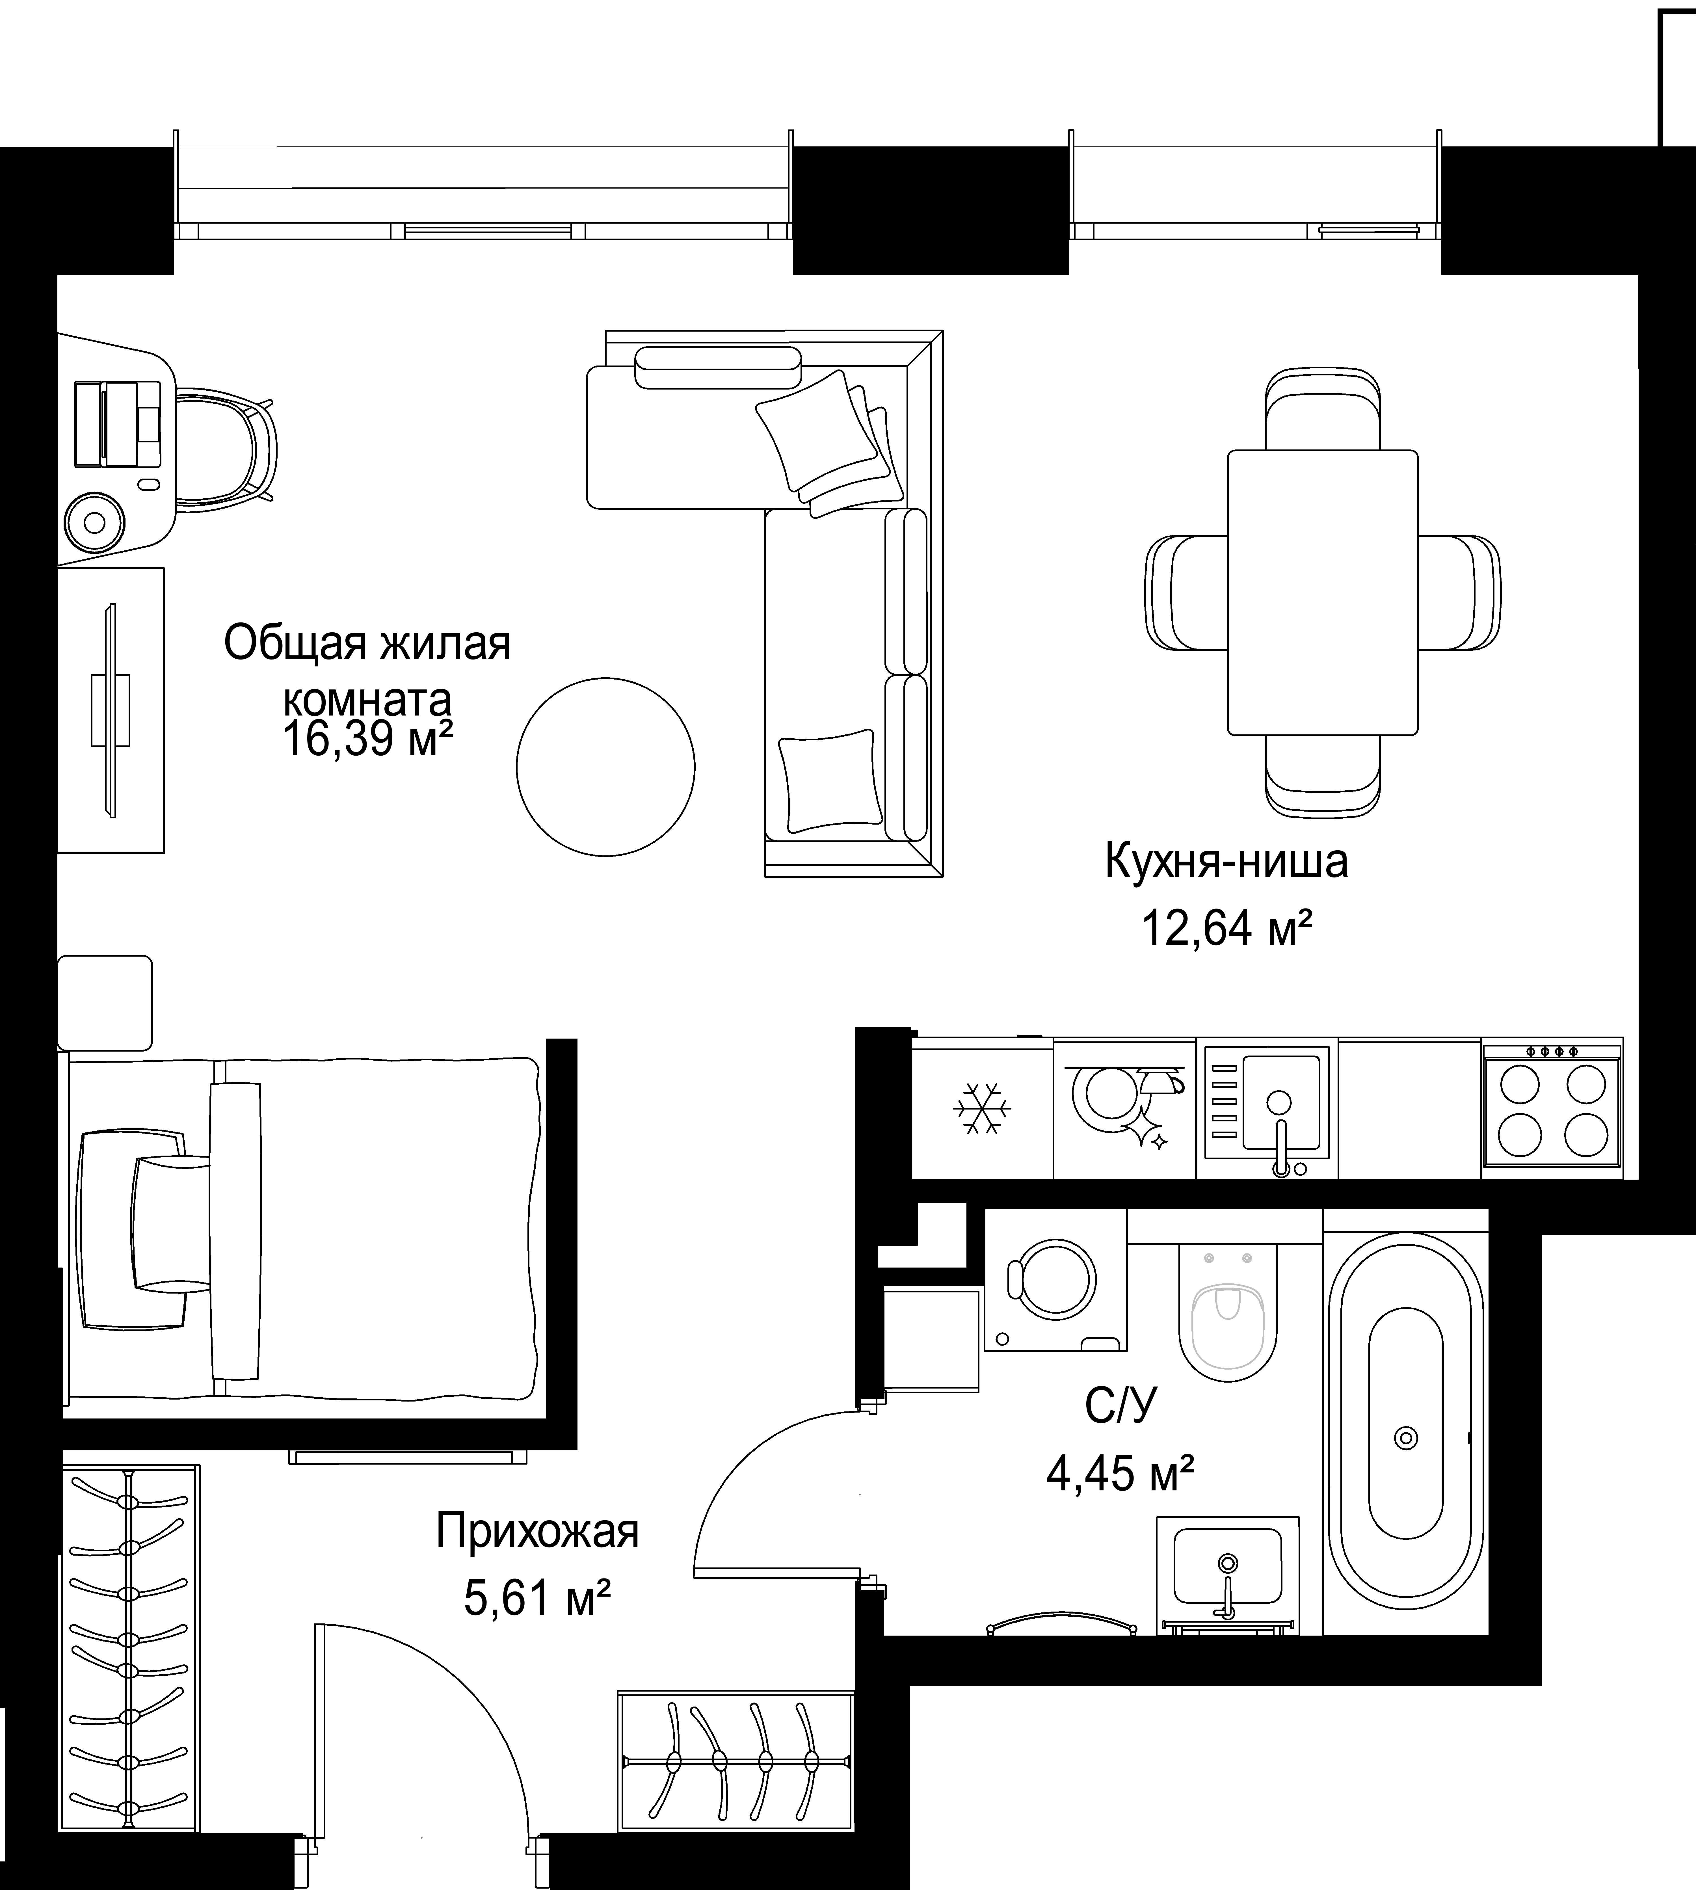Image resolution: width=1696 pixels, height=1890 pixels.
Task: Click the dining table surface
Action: pyautogui.click(x=1322, y=593)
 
